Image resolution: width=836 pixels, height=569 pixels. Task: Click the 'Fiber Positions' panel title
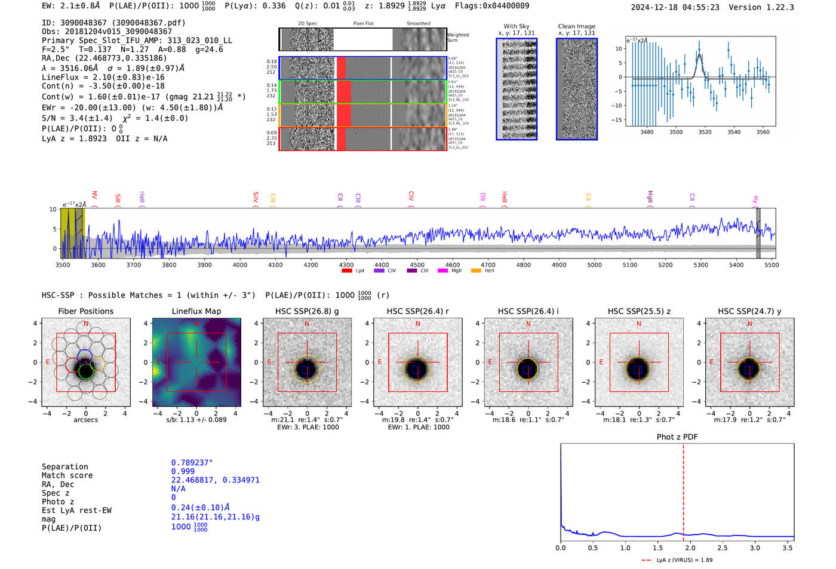pyautogui.click(x=85, y=311)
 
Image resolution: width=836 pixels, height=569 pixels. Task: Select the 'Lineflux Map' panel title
pyautogui.click(x=196, y=311)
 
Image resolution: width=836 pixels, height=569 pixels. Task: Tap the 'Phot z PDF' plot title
pyautogui.click(x=677, y=437)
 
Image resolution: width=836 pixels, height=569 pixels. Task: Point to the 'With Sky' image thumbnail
pyautogui.click(x=517, y=89)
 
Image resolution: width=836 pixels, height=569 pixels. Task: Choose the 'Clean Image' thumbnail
pyautogui.click(x=577, y=89)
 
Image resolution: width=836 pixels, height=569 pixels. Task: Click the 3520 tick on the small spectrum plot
pyautogui.click(x=705, y=132)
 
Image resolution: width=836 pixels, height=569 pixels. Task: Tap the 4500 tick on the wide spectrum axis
pyautogui.click(x=417, y=265)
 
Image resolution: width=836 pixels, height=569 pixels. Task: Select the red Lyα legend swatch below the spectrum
pyautogui.click(x=347, y=271)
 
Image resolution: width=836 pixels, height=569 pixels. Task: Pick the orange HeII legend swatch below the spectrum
pyautogui.click(x=476, y=271)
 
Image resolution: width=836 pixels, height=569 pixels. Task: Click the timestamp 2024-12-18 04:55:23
pyautogui.click(x=675, y=7)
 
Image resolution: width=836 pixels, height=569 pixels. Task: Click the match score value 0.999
pyautogui.click(x=183, y=472)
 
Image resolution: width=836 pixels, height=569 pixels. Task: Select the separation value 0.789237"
pyautogui.click(x=192, y=463)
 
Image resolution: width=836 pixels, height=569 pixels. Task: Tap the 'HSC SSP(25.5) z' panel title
pyautogui.click(x=639, y=311)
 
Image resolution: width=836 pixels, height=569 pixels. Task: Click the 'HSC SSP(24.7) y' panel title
pyautogui.click(x=749, y=311)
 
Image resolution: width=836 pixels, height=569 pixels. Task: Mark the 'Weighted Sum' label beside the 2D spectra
pyautogui.click(x=458, y=38)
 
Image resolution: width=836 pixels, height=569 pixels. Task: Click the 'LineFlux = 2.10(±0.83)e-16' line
pyautogui.click(x=103, y=77)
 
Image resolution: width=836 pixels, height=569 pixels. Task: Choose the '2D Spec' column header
pyautogui.click(x=308, y=24)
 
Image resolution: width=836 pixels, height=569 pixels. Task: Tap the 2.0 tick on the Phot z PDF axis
pyautogui.click(x=690, y=548)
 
